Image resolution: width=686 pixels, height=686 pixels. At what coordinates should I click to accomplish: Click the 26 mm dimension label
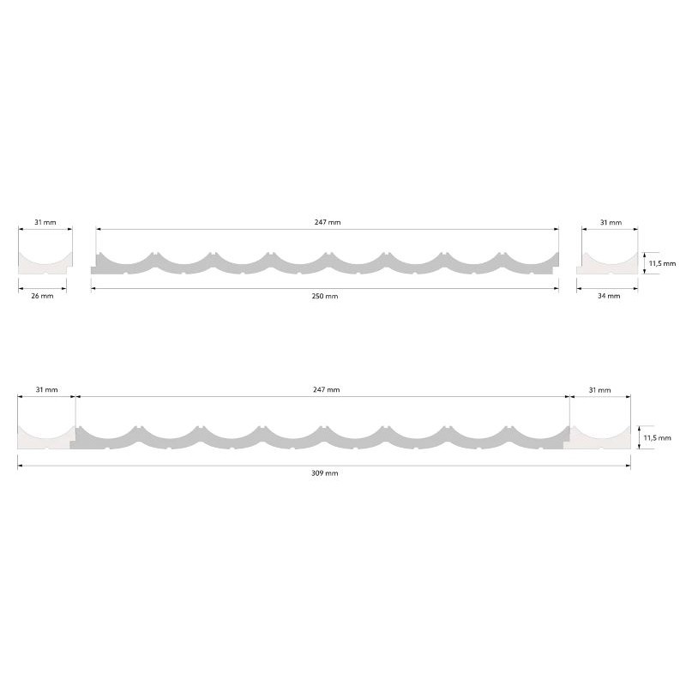tap(42, 296)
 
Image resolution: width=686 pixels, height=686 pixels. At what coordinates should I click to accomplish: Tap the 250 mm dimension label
tap(325, 296)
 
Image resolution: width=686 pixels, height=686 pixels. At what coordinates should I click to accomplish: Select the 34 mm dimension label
tap(609, 296)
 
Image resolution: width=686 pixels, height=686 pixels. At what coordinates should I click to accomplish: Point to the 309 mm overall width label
tap(325, 473)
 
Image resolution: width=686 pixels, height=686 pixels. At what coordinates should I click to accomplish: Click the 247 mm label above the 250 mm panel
tap(328, 222)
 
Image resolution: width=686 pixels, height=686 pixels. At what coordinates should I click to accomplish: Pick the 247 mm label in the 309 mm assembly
tap(327, 389)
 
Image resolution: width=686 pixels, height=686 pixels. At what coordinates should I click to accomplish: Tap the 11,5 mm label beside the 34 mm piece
tap(662, 263)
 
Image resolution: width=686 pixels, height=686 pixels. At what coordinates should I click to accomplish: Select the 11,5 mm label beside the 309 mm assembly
tap(657, 437)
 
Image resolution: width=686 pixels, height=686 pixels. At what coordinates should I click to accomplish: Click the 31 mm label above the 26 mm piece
tap(45, 222)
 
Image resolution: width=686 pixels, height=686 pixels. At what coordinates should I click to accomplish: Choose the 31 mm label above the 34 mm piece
tap(611, 222)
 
